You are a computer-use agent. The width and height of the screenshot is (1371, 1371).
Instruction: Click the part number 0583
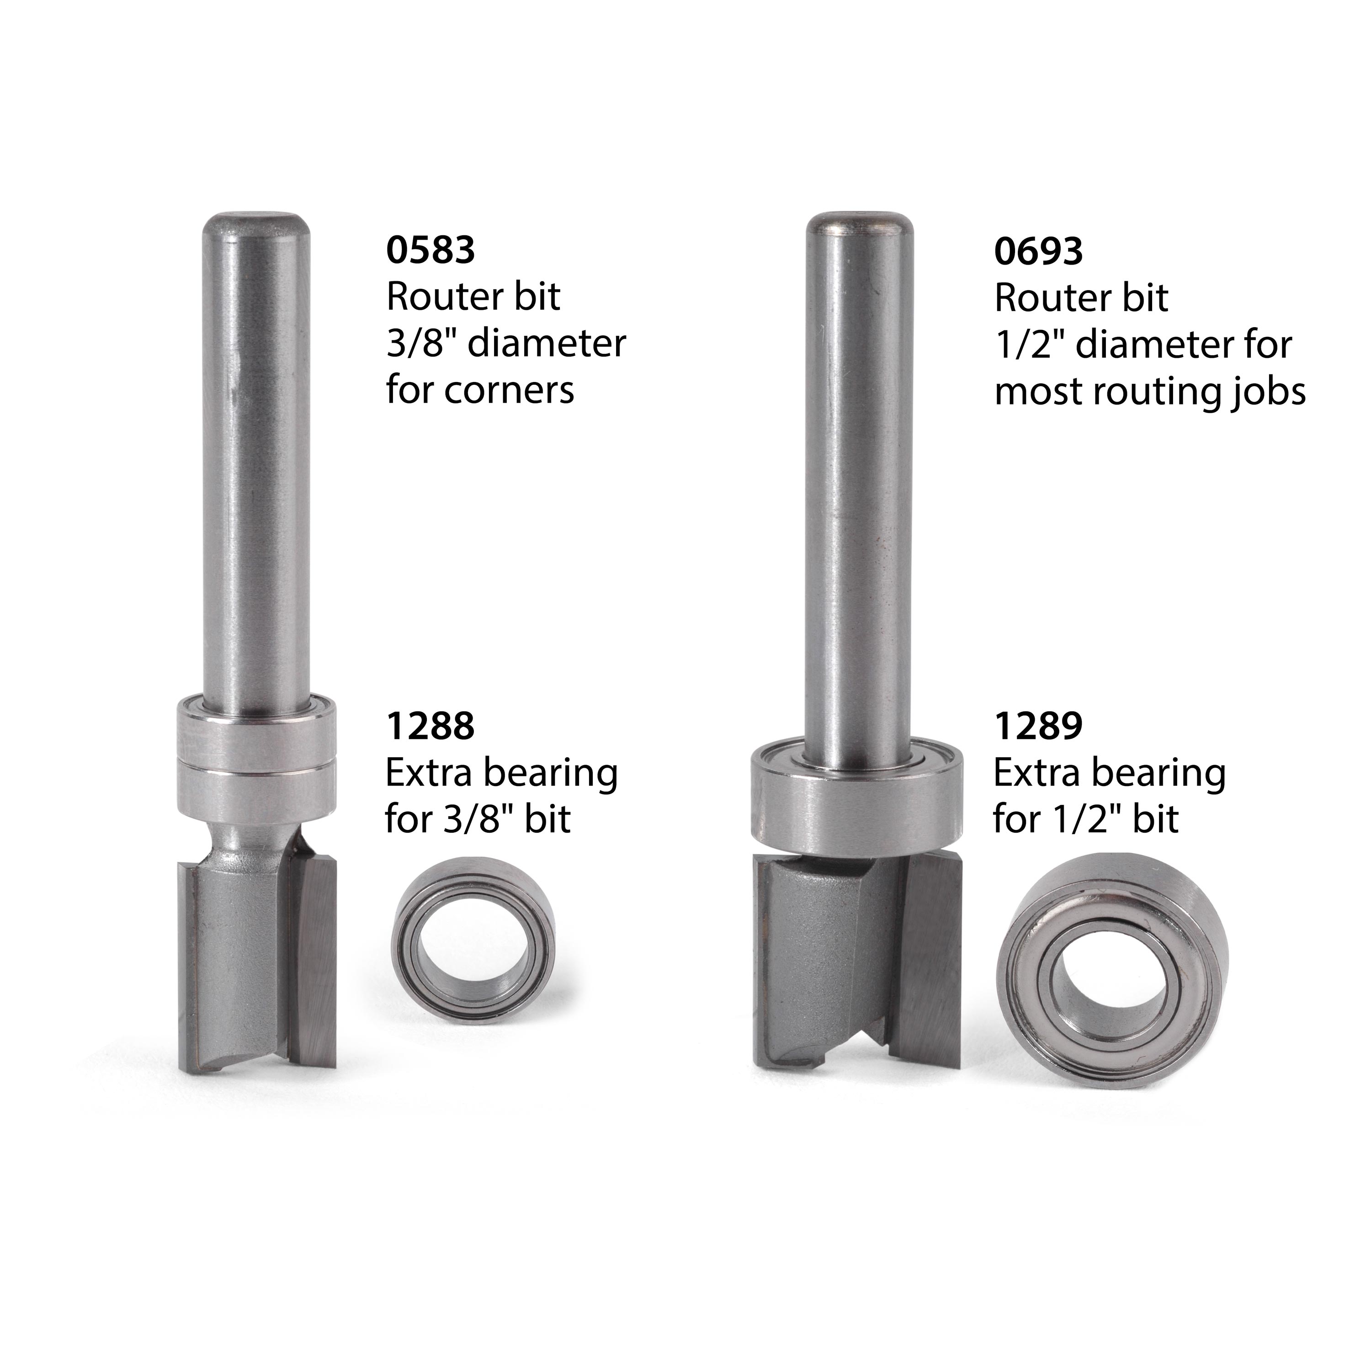(430, 250)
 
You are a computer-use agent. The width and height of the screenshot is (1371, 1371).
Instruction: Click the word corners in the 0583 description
(507, 390)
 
